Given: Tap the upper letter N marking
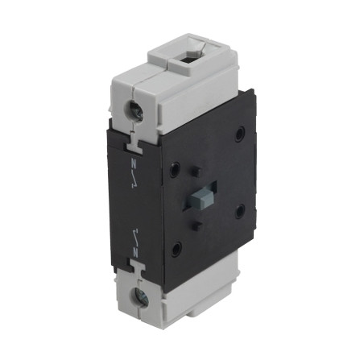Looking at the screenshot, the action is pyautogui.click(x=134, y=163).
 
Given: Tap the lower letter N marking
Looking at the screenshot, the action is pyautogui.click(x=135, y=253).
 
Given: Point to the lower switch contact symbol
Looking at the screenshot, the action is pyautogui.click(x=135, y=236).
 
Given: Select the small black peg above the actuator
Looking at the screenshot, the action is pyautogui.click(x=196, y=171).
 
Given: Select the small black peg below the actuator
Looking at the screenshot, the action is pyautogui.click(x=198, y=225).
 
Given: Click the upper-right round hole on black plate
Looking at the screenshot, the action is pyautogui.click(x=240, y=134).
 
